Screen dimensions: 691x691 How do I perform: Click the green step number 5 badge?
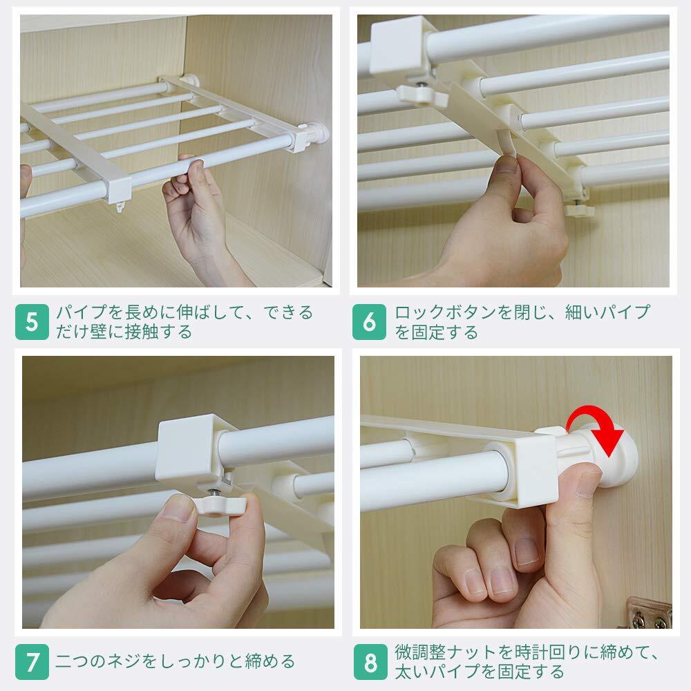pos(32,322)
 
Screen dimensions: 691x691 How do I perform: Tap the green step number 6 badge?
pos(369,322)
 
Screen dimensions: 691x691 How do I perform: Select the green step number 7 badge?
pos(32,662)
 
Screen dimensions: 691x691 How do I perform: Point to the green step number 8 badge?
pos(370,662)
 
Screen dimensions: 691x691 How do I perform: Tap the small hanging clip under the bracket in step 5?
pos(120,207)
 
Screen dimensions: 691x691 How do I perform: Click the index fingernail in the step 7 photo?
pos(176,509)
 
